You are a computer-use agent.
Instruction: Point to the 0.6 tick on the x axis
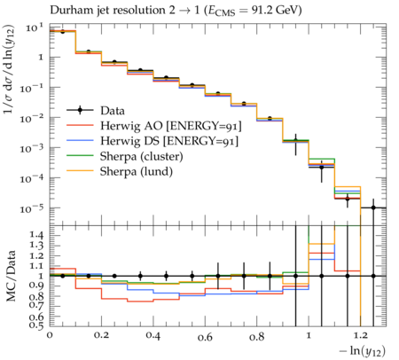coord(205,337)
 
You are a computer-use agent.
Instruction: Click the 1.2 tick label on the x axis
coord(360,336)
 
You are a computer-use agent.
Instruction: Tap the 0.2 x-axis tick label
coord(101,336)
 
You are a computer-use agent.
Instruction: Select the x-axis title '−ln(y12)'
coord(363,351)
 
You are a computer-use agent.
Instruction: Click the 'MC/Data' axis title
coord(11,276)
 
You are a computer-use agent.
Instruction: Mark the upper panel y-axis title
coord(9,69)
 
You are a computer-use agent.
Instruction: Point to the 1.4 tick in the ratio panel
coord(36,236)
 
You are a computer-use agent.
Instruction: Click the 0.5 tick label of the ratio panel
coord(36,325)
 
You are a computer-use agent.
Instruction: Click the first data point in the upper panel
coord(62,31)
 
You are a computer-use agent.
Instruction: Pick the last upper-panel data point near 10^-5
coord(373,207)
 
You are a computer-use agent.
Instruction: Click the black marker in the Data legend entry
coord(80,111)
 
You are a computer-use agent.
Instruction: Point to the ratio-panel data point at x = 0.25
coord(114,276)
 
